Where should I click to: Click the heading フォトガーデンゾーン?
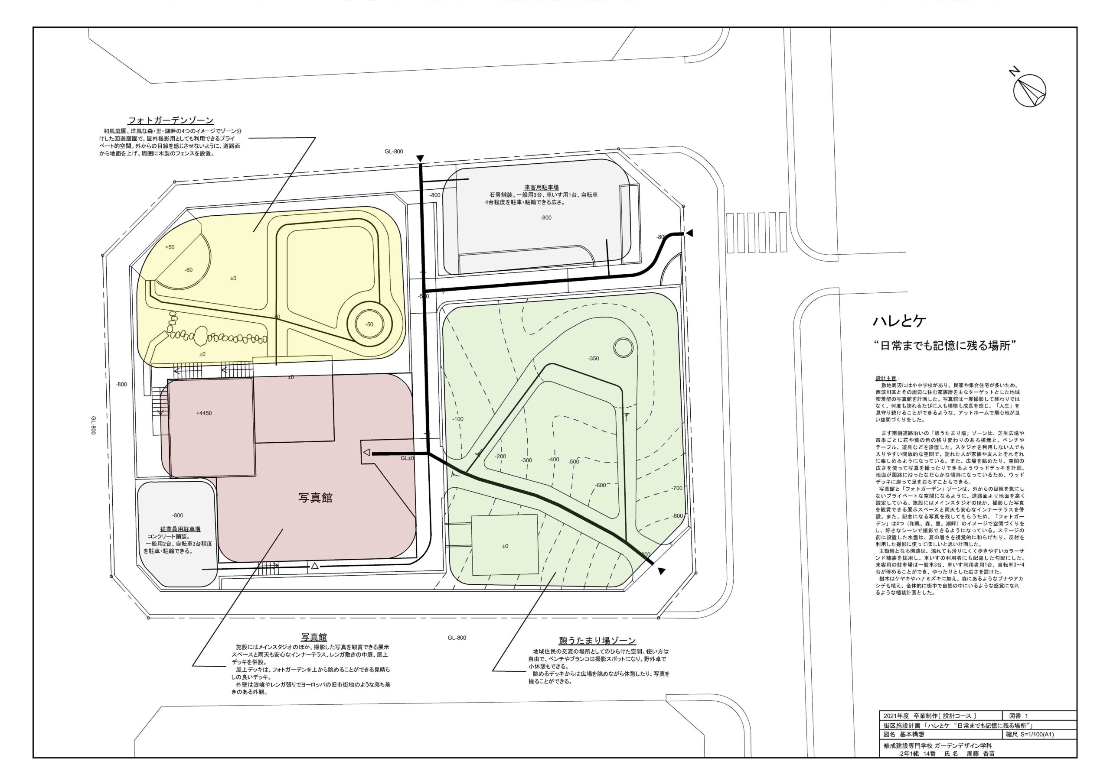pyautogui.click(x=171, y=120)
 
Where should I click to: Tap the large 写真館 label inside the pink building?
pyautogui.click(x=315, y=498)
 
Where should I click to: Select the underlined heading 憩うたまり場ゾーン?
pyautogui.click(x=597, y=641)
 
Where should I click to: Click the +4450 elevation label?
pyautogui.click(x=204, y=414)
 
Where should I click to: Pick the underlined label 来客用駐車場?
pyautogui.click(x=542, y=188)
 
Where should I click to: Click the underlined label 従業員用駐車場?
pyautogui.click(x=180, y=529)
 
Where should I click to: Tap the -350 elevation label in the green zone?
pyautogui.click(x=593, y=358)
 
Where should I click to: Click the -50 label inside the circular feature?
pyautogui.click(x=369, y=324)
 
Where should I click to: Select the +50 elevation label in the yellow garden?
pyautogui.click(x=170, y=247)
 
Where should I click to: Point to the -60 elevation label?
pyautogui.click(x=189, y=270)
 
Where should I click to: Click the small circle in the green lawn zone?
pyautogui.click(x=623, y=347)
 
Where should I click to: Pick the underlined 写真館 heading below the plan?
pyautogui.click(x=314, y=638)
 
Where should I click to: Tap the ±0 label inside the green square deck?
pyautogui.click(x=505, y=546)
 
